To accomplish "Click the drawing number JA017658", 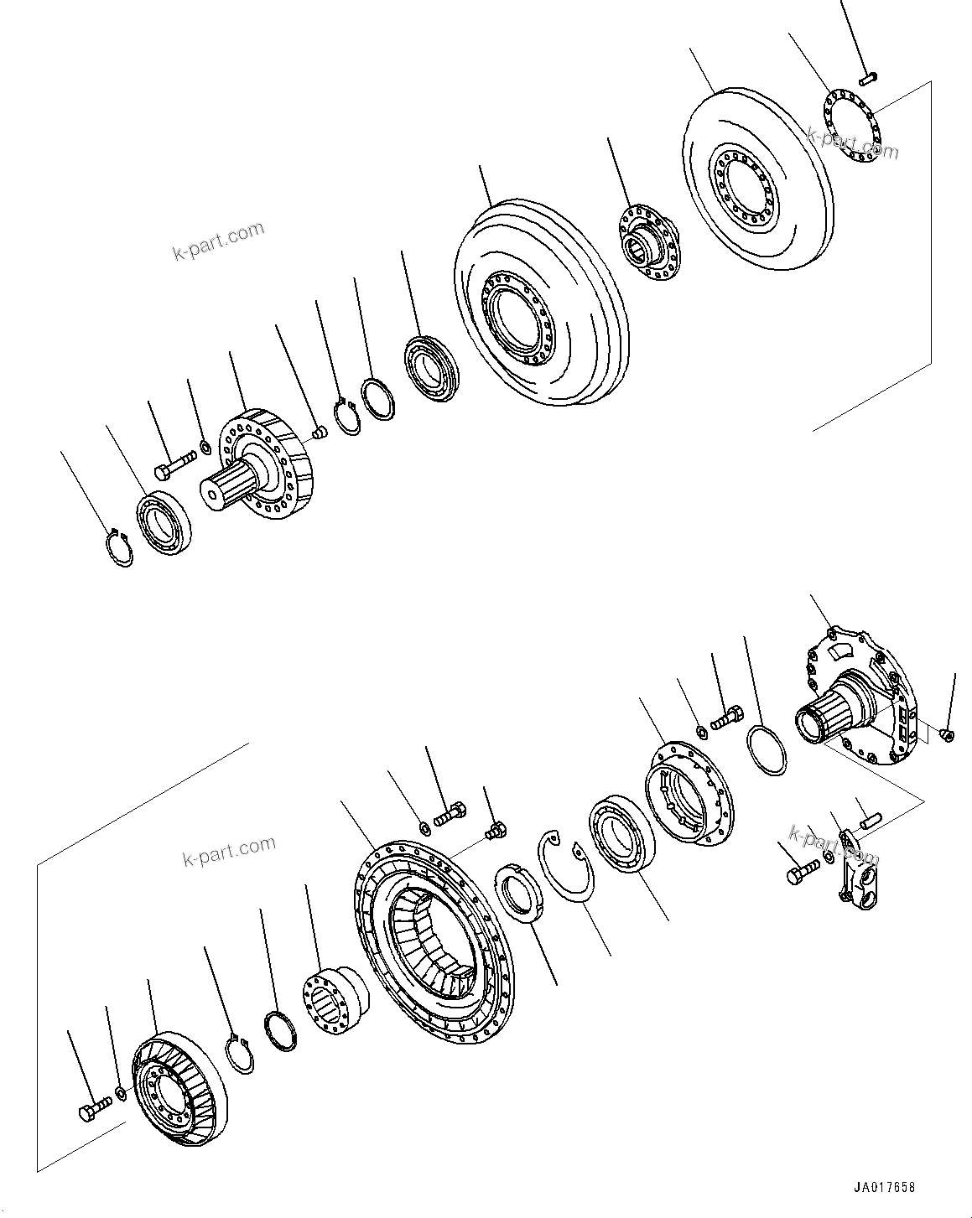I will tap(885, 1188).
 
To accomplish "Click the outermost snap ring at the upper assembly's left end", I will tap(120, 546).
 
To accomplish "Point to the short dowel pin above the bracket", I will tap(868, 814).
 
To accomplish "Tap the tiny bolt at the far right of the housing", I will tap(948, 734).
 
